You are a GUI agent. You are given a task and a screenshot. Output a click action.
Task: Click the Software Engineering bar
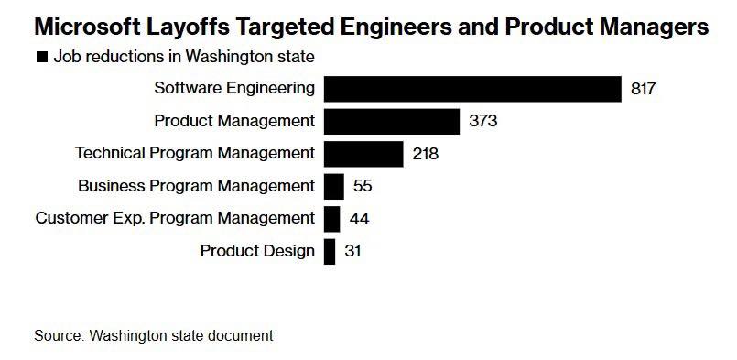coord(472,89)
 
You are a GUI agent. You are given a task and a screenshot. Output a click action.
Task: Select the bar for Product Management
coord(392,121)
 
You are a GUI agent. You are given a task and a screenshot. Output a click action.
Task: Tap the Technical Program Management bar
coord(363,154)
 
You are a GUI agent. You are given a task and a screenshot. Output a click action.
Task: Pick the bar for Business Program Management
coord(334,186)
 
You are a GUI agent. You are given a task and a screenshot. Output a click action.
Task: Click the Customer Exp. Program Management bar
coord(332,219)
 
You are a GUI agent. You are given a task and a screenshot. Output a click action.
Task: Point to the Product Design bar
coord(330,251)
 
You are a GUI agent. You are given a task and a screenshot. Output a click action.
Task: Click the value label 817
coord(645,89)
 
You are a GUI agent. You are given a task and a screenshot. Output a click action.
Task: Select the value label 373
coord(482,121)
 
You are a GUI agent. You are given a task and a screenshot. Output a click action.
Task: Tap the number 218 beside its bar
coord(426,154)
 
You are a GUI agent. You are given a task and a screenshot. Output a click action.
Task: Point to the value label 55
coord(363,186)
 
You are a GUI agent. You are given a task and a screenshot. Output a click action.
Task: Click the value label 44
coord(359,219)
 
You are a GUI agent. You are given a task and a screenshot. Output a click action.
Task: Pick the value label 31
coord(352,251)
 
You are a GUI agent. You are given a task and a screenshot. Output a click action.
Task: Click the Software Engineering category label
coord(234,89)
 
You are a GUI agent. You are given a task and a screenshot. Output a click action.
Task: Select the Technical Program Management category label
coord(195,154)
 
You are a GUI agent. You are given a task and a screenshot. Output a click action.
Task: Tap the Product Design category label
coord(257,251)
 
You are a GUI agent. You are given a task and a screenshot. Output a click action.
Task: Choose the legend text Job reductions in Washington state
coord(184,57)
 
